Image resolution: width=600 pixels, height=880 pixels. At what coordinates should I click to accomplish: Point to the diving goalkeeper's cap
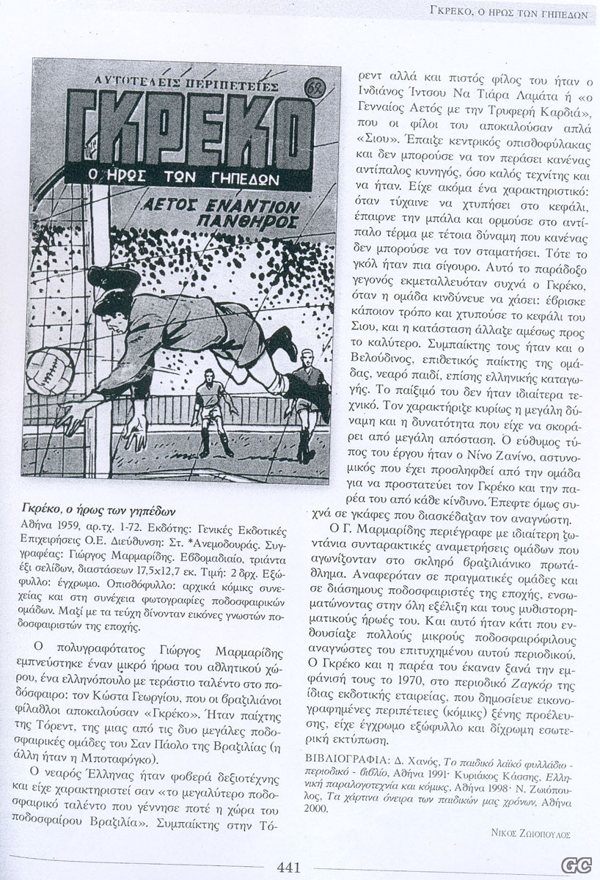click(111, 279)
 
